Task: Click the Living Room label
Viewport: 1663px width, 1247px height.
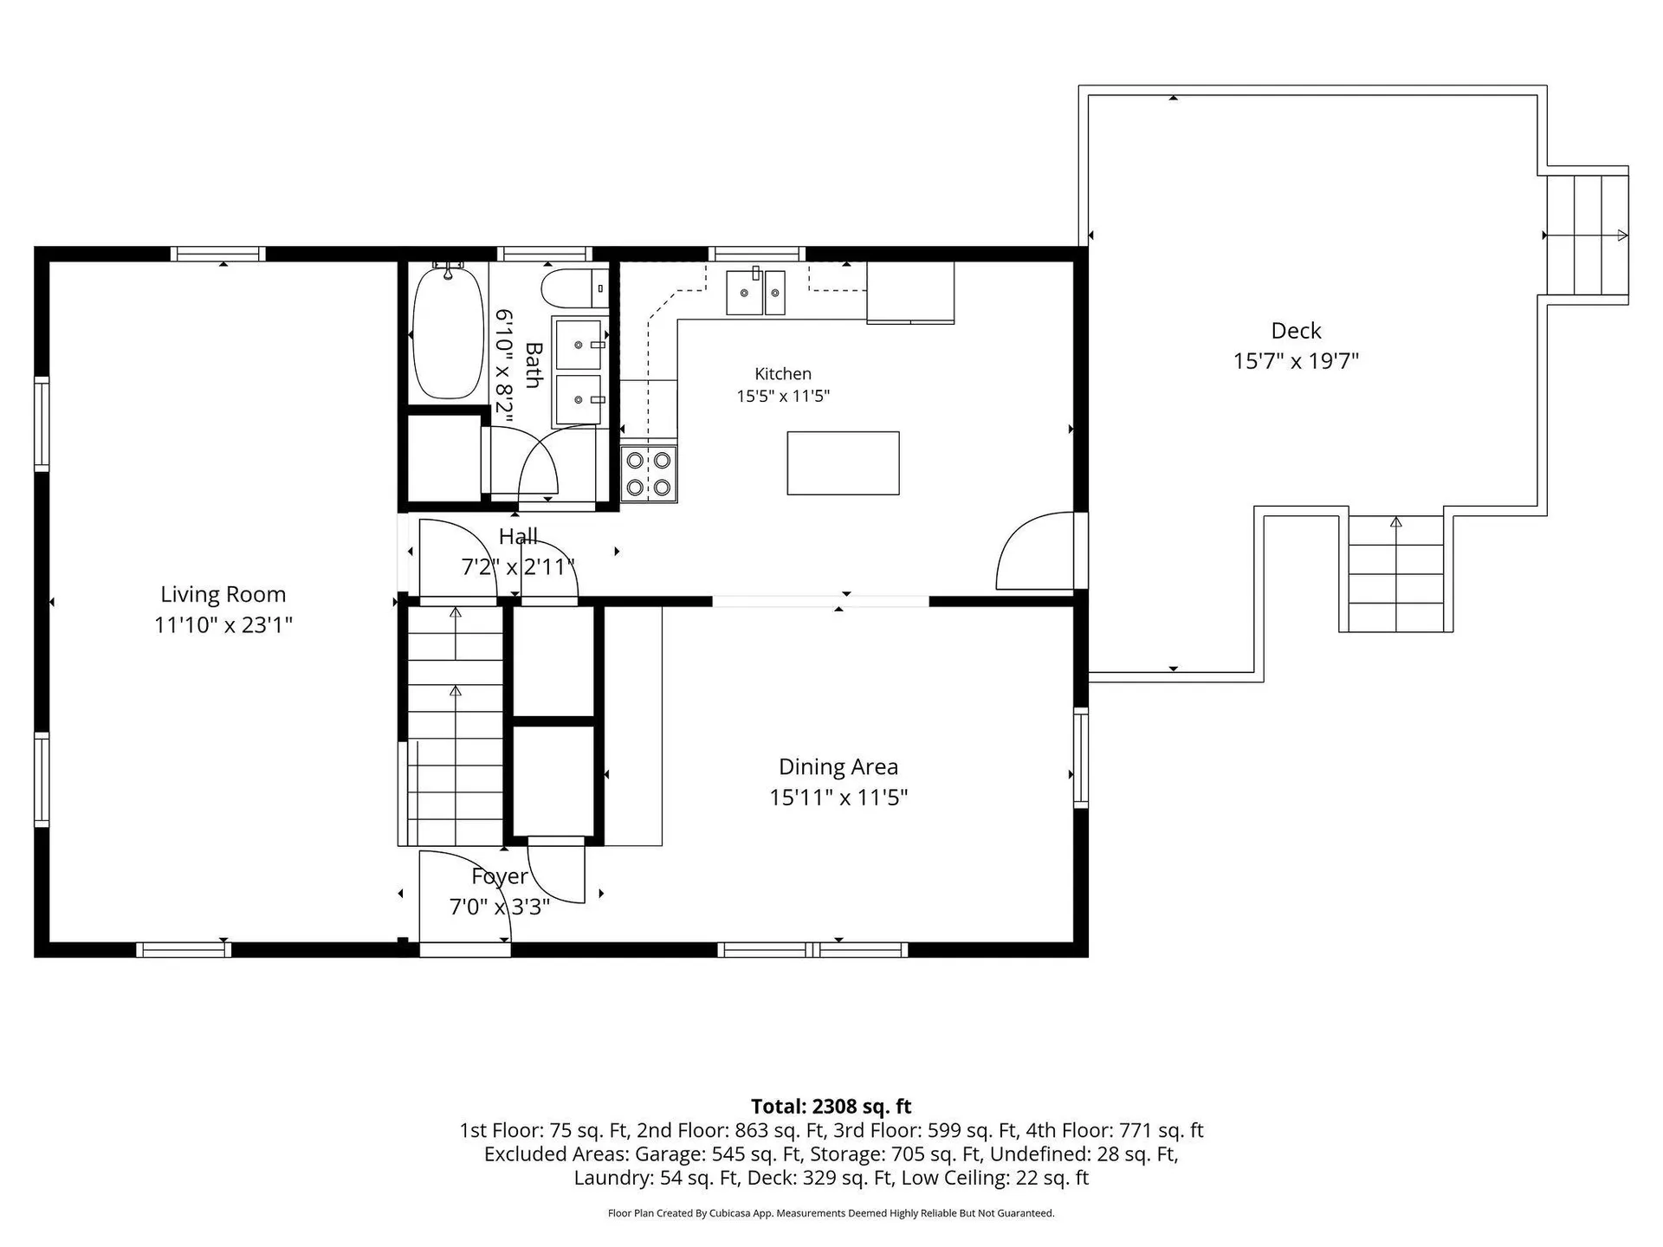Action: tap(223, 594)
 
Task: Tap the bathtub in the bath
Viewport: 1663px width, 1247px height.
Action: tap(447, 333)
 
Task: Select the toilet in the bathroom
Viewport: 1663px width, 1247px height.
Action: tap(575, 288)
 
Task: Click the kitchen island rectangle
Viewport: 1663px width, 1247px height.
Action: tap(843, 463)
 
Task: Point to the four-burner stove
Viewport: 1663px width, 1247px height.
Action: tap(649, 474)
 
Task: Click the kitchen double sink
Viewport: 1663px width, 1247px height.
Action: tap(755, 293)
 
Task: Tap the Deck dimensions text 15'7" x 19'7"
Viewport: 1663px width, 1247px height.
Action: tap(1296, 360)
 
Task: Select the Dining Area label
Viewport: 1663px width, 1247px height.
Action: tap(838, 766)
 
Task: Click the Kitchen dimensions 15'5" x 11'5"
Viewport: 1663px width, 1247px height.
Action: tap(783, 396)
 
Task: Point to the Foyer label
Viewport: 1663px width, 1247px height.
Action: tap(500, 876)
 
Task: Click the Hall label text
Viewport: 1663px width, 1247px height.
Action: tap(518, 537)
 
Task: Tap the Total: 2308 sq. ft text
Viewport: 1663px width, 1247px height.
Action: tap(831, 1106)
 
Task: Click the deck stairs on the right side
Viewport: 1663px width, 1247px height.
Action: tap(1588, 235)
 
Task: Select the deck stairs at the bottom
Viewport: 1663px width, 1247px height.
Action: tap(1395, 573)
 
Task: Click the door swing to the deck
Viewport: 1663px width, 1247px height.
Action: tap(1034, 552)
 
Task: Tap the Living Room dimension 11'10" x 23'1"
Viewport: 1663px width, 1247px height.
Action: tap(223, 624)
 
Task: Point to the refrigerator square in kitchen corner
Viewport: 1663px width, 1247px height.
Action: tap(910, 292)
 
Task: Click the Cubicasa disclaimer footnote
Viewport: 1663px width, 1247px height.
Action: tap(831, 1213)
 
